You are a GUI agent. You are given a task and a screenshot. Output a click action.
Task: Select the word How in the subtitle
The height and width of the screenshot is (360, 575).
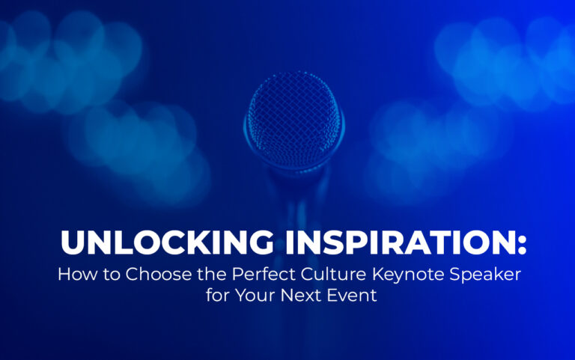click(x=74, y=273)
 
